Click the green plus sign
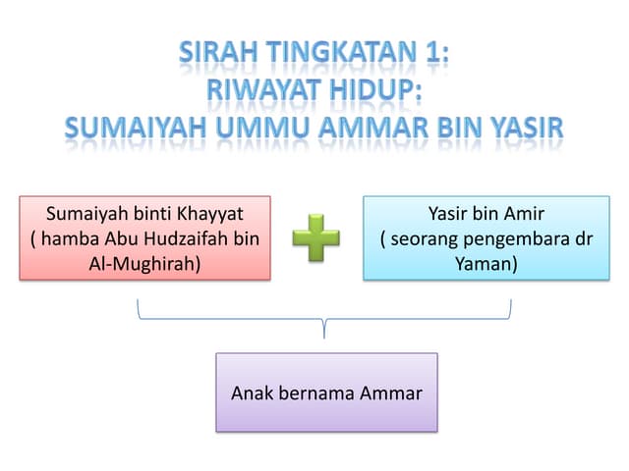(x=315, y=237)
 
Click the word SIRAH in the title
(x=218, y=52)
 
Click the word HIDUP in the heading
(x=375, y=89)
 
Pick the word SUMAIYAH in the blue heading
(x=136, y=128)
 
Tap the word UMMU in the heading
(x=262, y=128)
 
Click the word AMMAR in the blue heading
(x=373, y=128)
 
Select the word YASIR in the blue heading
(x=528, y=128)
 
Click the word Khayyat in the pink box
(x=209, y=214)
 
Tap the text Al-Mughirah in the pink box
(x=144, y=264)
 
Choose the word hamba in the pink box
(x=70, y=238)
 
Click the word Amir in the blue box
(x=524, y=214)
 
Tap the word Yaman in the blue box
(x=486, y=264)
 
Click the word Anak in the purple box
(x=251, y=393)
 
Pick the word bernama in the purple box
(x=316, y=393)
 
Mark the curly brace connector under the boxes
(x=324, y=319)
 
